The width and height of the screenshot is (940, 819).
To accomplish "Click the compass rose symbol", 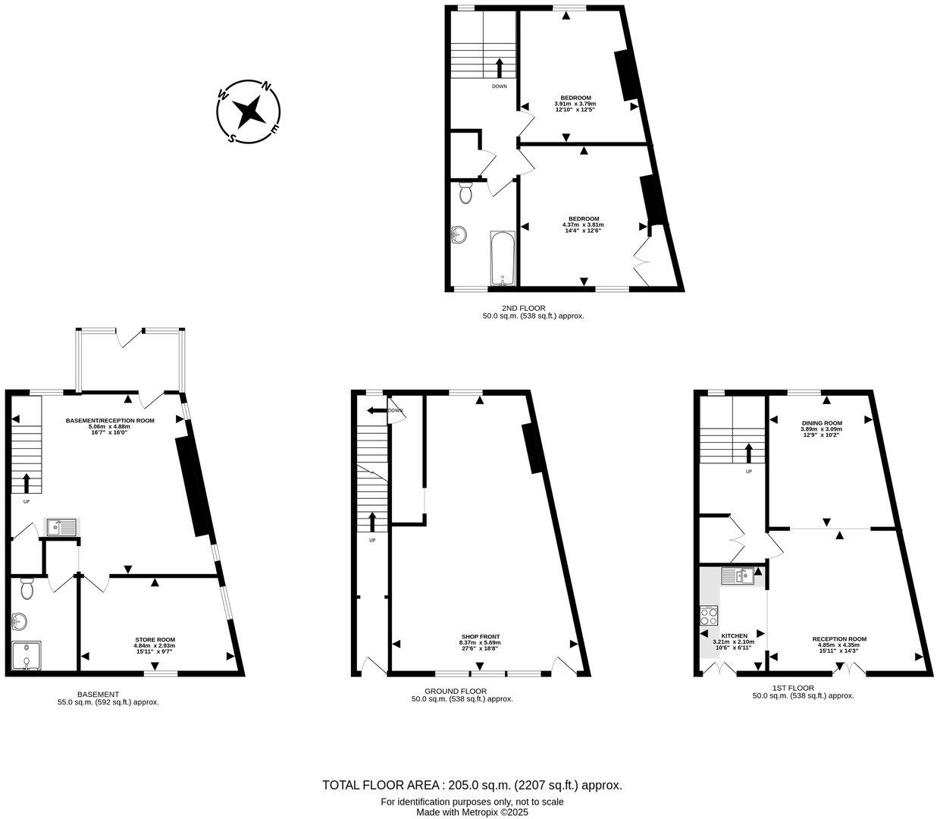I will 249,112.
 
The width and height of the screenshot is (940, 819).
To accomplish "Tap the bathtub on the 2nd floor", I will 503,259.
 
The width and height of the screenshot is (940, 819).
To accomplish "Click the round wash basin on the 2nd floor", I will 459,236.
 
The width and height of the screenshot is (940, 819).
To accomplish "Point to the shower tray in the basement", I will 27,657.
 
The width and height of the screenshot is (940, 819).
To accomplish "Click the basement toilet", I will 27,588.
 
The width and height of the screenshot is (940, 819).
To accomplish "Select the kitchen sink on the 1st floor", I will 738,576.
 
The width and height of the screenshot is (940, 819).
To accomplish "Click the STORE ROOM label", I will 155,640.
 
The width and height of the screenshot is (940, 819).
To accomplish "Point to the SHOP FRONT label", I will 480,636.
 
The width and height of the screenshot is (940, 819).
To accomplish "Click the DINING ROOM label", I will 822,423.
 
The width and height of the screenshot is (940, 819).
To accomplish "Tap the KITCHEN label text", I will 734,635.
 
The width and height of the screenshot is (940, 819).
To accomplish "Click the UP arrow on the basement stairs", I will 27,482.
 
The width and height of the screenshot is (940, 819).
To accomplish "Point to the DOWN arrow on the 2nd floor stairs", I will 499,67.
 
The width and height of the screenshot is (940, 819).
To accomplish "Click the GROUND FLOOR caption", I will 455,691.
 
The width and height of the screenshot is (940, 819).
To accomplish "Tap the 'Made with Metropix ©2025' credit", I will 472,812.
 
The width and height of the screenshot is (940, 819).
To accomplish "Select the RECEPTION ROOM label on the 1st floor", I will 839,639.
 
